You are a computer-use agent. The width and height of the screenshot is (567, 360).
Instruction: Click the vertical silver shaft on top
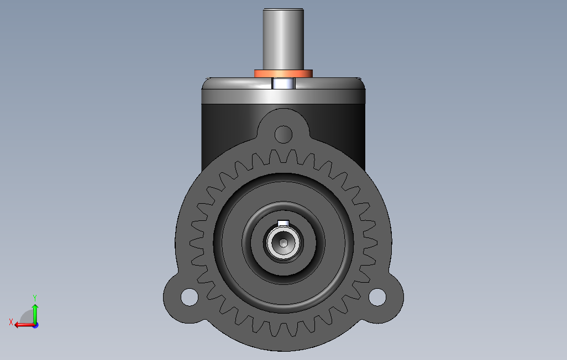[283, 39]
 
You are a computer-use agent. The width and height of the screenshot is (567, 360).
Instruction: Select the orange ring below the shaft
[283, 73]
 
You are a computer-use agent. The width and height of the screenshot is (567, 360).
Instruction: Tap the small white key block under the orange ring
[283, 84]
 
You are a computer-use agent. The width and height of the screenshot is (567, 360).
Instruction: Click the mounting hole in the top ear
[283, 133]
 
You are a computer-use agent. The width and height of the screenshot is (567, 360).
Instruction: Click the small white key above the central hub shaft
[283, 223]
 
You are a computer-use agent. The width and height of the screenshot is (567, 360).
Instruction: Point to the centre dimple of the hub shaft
[283, 243]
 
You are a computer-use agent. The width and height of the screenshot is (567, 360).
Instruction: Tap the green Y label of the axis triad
[35, 297]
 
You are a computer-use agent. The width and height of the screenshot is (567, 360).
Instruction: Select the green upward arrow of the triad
[35, 312]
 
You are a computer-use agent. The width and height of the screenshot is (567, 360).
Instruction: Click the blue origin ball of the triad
[35, 325]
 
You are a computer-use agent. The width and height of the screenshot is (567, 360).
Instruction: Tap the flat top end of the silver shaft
[283, 10]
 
